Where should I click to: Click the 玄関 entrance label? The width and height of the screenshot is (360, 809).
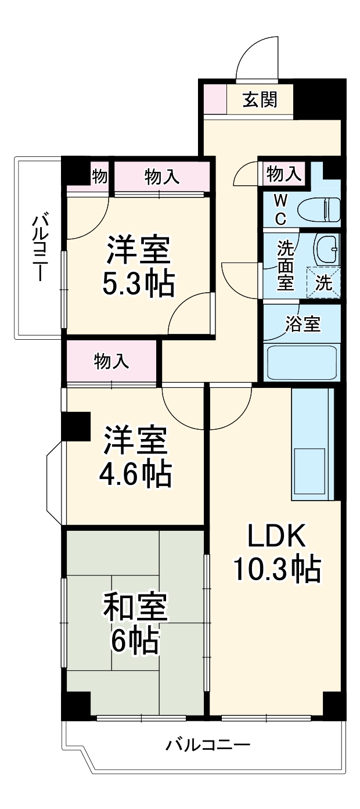[x=260, y=100]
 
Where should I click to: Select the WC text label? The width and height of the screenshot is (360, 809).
[x=280, y=210]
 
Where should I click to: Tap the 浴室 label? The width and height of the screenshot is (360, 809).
[x=303, y=325]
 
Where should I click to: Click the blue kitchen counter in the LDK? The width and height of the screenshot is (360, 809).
[x=312, y=444]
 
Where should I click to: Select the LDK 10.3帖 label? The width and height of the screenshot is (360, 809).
[x=276, y=555]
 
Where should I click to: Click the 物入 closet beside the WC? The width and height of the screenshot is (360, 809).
[x=284, y=173]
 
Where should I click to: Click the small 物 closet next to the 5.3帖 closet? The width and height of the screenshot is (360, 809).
[x=99, y=177]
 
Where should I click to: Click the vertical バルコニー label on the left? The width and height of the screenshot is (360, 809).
[x=39, y=247]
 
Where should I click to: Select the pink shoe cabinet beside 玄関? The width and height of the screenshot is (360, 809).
[x=214, y=100]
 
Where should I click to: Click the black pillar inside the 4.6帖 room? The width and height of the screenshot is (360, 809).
[x=76, y=425]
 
